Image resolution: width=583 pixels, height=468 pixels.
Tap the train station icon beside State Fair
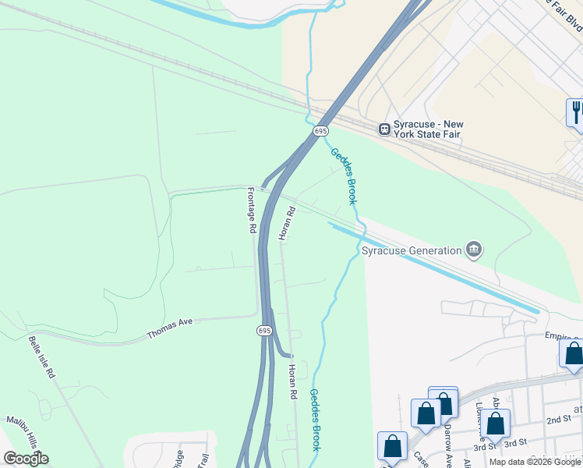pyautogui.click(x=384, y=129)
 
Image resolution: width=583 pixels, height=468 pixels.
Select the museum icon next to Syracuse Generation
pyautogui.click(x=473, y=250)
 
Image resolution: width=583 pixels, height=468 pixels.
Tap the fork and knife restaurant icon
pyautogui.click(x=576, y=112)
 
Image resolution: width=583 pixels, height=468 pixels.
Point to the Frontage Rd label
pyautogui.click(x=252, y=211)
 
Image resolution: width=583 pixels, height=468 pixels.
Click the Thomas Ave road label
pyautogui.click(x=169, y=328)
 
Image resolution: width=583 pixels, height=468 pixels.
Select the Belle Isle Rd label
pyautogui.click(x=41, y=357)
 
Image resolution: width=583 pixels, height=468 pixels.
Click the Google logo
pyautogui.click(x=26, y=459)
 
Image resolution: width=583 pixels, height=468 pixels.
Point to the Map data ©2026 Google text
pyautogui.click(x=535, y=462)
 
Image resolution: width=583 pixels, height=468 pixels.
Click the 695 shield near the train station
pyautogui.click(x=321, y=131)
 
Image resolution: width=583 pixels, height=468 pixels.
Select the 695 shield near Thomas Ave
pyautogui.click(x=264, y=331)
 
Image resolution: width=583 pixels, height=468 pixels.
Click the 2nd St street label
pyautogui.click(x=557, y=419)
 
